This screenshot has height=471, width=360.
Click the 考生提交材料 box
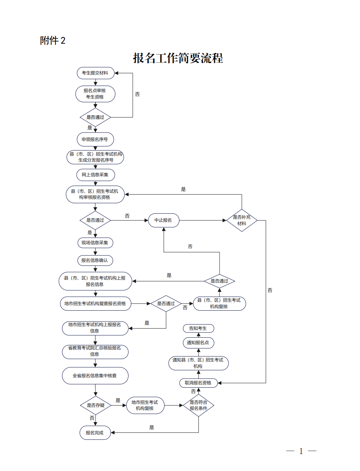click(x=95, y=73)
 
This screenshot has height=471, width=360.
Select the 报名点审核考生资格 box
click(x=95, y=94)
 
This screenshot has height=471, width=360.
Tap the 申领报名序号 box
click(x=95, y=139)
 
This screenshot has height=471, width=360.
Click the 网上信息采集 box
click(x=95, y=175)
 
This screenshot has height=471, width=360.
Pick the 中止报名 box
click(x=163, y=220)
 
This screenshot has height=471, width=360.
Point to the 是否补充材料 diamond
click(x=242, y=220)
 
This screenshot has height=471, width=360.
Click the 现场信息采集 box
click(x=95, y=243)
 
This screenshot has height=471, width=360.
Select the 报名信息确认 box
click(x=95, y=260)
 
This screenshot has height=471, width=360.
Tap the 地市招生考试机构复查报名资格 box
click(x=95, y=303)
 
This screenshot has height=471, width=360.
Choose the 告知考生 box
click(x=198, y=328)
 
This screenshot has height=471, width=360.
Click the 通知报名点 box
click(x=198, y=343)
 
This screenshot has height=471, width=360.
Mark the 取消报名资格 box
click(x=198, y=383)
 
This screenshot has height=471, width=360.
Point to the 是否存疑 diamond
click(x=95, y=405)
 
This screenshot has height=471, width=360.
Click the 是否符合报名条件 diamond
click(x=198, y=405)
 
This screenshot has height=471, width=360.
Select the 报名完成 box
click(x=95, y=433)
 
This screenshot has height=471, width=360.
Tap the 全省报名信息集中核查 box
click(x=95, y=376)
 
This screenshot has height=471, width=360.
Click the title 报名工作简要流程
click(x=178, y=58)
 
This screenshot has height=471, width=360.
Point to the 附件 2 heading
click(x=53, y=41)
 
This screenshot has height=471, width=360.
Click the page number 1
click(x=301, y=451)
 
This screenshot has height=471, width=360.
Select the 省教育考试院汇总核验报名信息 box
click(x=95, y=351)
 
